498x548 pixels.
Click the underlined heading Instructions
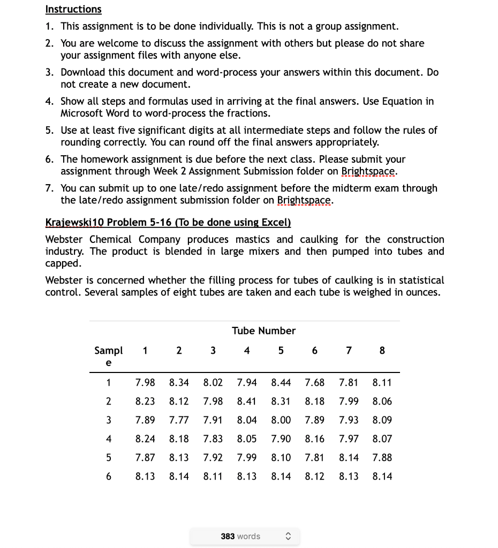(x=73, y=9)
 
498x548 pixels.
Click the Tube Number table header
(x=263, y=331)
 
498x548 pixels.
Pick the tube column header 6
(x=314, y=351)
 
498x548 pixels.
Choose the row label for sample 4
(x=109, y=439)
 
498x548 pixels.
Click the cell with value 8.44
(x=281, y=383)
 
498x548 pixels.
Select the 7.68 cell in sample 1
(x=314, y=383)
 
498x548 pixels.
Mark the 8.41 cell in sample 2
(x=247, y=401)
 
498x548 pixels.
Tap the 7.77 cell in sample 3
(x=179, y=420)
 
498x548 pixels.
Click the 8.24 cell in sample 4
(x=145, y=439)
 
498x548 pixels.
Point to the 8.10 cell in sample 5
(x=281, y=458)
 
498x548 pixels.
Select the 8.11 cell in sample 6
(x=213, y=476)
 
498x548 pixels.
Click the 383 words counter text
(x=240, y=536)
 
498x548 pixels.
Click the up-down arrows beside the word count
(x=288, y=536)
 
